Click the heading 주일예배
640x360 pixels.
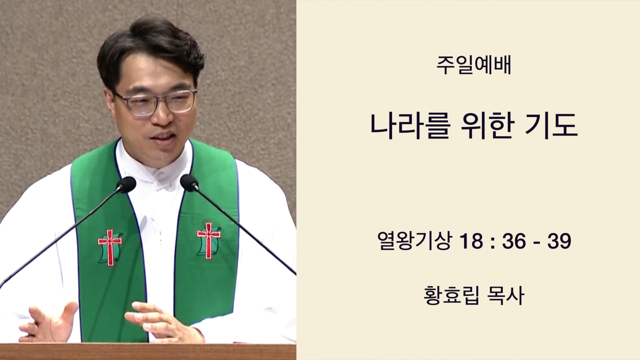(x=474, y=65)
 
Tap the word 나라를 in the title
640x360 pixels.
(x=410, y=126)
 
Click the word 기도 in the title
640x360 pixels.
(x=551, y=126)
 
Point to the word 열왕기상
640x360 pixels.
(x=415, y=241)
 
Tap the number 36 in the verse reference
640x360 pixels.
(x=514, y=241)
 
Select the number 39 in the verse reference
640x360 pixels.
(x=559, y=241)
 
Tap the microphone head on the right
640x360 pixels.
(x=189, y=183)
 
